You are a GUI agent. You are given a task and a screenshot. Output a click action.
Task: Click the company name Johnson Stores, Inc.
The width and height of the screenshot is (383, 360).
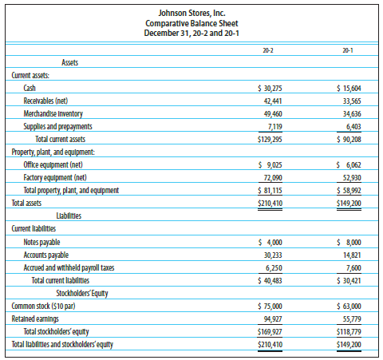[191, 13]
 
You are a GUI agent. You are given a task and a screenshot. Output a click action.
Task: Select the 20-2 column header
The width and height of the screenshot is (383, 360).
[268, 50]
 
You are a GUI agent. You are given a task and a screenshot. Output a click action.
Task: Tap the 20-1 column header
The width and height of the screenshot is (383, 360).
[348, 50]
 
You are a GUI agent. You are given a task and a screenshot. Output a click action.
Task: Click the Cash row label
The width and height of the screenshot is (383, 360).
[30, 88]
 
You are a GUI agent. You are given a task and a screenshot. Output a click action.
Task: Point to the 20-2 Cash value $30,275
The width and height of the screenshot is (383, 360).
[270, 88]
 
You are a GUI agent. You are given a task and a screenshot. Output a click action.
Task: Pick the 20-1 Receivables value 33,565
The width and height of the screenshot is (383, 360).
[352, 101]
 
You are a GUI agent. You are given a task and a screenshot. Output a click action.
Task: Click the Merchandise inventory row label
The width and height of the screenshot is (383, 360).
[53, 114]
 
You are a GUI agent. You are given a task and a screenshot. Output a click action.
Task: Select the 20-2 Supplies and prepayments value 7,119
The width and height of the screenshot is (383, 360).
[275, 127]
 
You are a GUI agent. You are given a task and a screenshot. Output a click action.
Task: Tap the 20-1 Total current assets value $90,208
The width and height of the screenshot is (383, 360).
[349, 140]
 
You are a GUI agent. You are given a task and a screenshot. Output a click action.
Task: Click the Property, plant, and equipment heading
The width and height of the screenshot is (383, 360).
[53, 152]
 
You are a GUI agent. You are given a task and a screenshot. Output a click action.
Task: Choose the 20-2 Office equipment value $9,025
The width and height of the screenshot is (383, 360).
[270, 165]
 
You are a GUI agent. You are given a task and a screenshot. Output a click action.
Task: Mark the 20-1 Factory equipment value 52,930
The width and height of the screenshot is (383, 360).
[352, 178]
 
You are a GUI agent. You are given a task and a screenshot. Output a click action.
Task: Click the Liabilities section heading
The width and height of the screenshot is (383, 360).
[69, 216]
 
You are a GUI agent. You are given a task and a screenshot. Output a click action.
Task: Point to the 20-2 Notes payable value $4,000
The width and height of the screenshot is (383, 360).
[270, 243]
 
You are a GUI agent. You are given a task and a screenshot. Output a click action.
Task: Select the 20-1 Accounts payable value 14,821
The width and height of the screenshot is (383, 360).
[352, 255]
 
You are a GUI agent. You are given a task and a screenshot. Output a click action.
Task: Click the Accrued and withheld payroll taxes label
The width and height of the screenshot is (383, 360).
[69, 267]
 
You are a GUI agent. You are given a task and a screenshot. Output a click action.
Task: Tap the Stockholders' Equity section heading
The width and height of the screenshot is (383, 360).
[82, 293]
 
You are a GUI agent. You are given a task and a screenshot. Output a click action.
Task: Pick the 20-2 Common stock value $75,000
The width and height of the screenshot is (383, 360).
[270, 307]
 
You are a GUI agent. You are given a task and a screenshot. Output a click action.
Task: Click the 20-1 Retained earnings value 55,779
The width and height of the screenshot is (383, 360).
[352, 319]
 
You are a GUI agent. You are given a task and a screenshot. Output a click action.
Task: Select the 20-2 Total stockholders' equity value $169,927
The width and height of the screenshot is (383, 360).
[270, 332]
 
